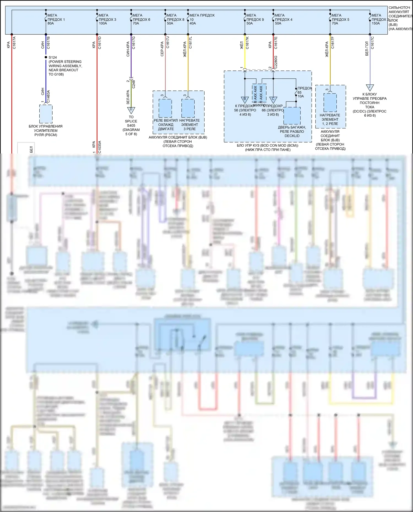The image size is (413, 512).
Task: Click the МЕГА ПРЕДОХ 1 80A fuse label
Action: pyautogui.click(x=56, y=19)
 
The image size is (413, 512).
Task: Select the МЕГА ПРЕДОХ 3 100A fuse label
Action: pyautogui.click(x=107, y=19)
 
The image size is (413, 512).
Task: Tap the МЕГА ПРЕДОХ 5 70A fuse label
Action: pyautogui.click(x=340, y=19)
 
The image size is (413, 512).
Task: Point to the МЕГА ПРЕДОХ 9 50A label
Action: pyautogui.click(x=255, y=19)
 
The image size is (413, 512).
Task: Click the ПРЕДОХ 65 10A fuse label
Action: pyautogui.click(x=304, y=92)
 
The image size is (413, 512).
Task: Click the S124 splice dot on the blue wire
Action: pyautogui.click(x=46, y=57)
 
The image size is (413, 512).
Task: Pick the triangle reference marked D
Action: pyautogui.click(x=131, y=110)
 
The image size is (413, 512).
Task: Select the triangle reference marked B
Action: pyautogui.click(x=245, y=100)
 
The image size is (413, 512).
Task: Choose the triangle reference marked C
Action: pyautogui.click(x=273, y=100)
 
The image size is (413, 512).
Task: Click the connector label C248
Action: pyautogui.click(x=134, y=84)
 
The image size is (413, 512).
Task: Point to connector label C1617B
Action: pyautogui.click(x=48, y=43)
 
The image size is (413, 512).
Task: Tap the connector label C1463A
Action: pyautogui.click(x=48, y=96)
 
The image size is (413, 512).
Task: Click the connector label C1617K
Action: pyautogui.click(x=247, y=43)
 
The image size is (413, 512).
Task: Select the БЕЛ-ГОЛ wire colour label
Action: pyautogui.click(x=367, y=49)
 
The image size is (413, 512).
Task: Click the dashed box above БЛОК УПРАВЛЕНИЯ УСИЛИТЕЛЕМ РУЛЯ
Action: pyautogui.click(x=46, y=114)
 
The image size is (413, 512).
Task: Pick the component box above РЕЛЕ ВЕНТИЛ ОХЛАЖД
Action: pyautogui.click(x=165, y=108)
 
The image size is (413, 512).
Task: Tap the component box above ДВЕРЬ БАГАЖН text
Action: pyautogui.click(x=292, y=116)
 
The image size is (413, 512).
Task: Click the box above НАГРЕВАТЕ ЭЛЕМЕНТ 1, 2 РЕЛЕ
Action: pyautogui.click(x=330, y=103)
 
